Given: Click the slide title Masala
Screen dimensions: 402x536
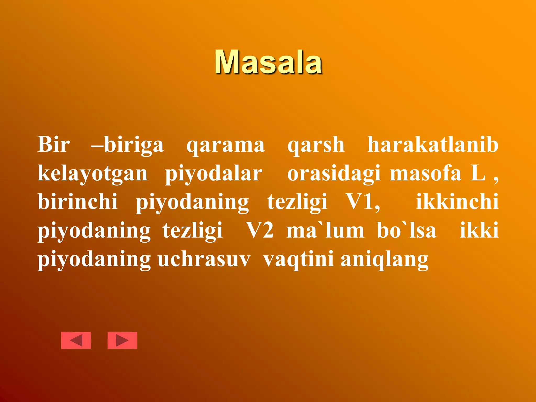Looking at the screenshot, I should [x=268, y=62].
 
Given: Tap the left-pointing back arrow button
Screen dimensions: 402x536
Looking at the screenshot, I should [x=76, y=340].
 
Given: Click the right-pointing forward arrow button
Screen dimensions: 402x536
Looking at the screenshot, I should [x=122, y=340].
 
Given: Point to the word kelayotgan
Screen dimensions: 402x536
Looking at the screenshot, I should [x=93, y=174].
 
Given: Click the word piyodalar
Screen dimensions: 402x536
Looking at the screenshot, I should [x=214, y=174].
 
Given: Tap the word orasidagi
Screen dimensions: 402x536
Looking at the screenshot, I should [x=334, y=174].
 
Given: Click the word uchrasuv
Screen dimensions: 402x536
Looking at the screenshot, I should [x=204, y=260].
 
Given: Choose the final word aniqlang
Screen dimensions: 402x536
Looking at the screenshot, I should [x=384, y=260].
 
